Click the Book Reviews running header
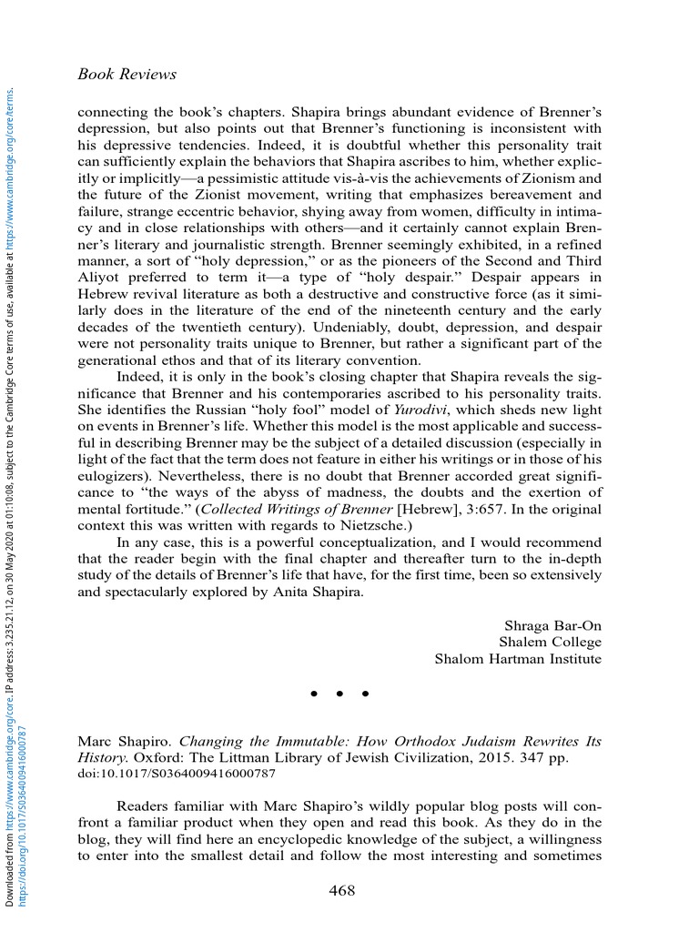tap(127, 74)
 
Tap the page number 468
tap(341, 890)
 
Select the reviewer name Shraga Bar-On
tap(552, 625)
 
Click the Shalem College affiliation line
tap(550, 642)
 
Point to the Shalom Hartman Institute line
tap(518, 658)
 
